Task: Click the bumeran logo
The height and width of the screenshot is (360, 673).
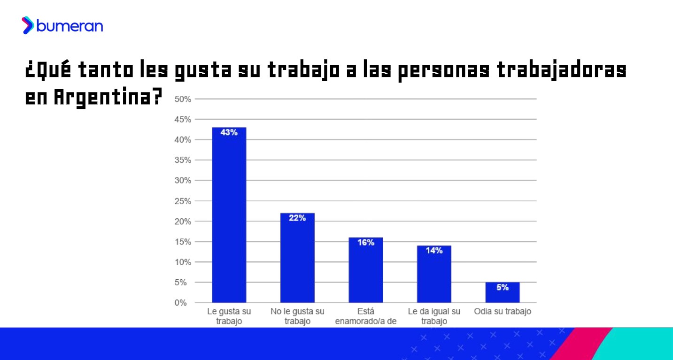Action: click(x=62, y=25)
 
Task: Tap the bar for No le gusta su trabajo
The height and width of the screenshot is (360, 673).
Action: click(x=297, y=258)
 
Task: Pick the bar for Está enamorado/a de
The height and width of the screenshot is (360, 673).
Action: click(x=365, y=270)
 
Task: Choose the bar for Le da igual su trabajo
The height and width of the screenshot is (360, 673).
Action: click(x=434, y=274)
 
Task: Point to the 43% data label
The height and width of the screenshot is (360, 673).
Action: click(x=229, y=133)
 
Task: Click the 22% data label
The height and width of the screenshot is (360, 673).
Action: click(x=297, y=218)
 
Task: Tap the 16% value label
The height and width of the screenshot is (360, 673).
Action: click(x=365, y=243)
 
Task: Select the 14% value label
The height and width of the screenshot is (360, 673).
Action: click(x=434, y=251)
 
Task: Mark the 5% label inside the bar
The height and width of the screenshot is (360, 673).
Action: click(x=502, y=287)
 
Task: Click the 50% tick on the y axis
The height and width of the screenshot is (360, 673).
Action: click(x=183, y=99)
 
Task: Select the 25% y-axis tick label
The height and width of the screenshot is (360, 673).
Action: click(x=183, y=201)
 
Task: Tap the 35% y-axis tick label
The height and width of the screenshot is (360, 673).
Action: click(x=183, y=160)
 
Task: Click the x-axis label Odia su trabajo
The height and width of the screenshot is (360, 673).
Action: click(x=502, y=311)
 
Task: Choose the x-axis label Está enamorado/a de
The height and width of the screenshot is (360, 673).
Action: click(x=365, y=316)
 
